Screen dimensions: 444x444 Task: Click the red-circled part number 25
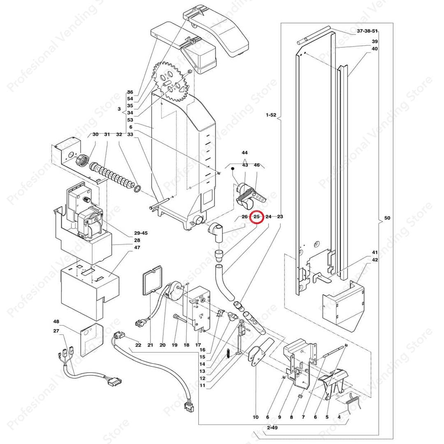click(257, 217)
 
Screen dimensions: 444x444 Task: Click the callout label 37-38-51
click(367, 31)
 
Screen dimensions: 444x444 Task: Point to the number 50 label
click(387, 218)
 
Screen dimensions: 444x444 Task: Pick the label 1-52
click(271, 116)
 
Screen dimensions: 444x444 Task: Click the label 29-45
click(141, 233)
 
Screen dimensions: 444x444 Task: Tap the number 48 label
click(56, 321)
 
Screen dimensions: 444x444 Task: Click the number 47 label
click(137, 248)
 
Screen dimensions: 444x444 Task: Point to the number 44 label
click(245, 152)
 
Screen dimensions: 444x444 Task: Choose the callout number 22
click(138, 345)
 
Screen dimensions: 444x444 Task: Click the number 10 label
click(255, 417)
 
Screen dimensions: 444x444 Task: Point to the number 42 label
click(375, 260)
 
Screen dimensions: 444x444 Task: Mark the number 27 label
click(56, 331)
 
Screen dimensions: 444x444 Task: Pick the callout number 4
click(339, 417)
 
